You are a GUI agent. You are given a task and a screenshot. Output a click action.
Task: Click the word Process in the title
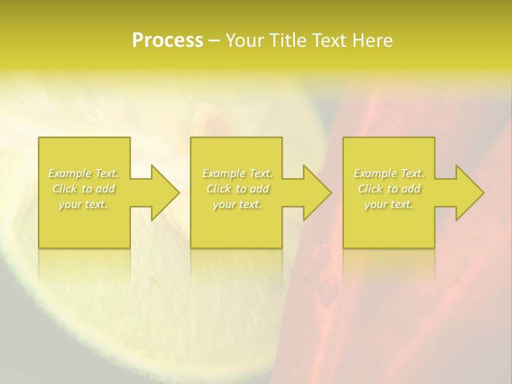167,41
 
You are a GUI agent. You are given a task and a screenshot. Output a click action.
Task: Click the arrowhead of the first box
163,193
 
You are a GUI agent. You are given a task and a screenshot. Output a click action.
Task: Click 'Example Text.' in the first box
84,173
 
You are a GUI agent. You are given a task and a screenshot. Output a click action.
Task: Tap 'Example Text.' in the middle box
237,173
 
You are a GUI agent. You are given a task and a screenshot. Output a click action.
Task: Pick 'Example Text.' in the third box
389,173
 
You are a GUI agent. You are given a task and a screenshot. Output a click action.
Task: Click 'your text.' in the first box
83,204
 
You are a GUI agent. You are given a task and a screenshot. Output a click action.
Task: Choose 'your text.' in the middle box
237,204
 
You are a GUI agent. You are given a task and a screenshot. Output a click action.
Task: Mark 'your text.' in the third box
388,204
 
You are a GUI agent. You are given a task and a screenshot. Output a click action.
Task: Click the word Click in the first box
65,189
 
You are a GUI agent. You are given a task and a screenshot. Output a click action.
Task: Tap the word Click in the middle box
218,189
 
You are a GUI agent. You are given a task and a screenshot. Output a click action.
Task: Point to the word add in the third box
411,189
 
